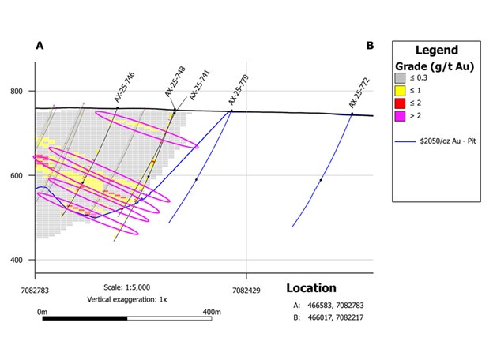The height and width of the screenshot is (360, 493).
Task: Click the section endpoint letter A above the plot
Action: click(x=40, y=47)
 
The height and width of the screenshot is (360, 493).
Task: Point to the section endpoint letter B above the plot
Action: click(x=370, y=47)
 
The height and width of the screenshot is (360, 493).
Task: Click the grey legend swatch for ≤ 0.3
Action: click(x=401, y=78)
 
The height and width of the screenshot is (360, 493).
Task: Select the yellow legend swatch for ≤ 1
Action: click(x=401, y=91)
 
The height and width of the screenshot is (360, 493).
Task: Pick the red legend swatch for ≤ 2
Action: click(x=401, y=103)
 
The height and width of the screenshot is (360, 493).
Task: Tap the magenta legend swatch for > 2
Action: click(x=401, y=116)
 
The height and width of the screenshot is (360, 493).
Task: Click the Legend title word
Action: click(x=437, y=51)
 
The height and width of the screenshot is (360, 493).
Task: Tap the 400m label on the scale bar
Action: click(x=211, y=313)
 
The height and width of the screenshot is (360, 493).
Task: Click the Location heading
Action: click(x=310, y=288)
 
